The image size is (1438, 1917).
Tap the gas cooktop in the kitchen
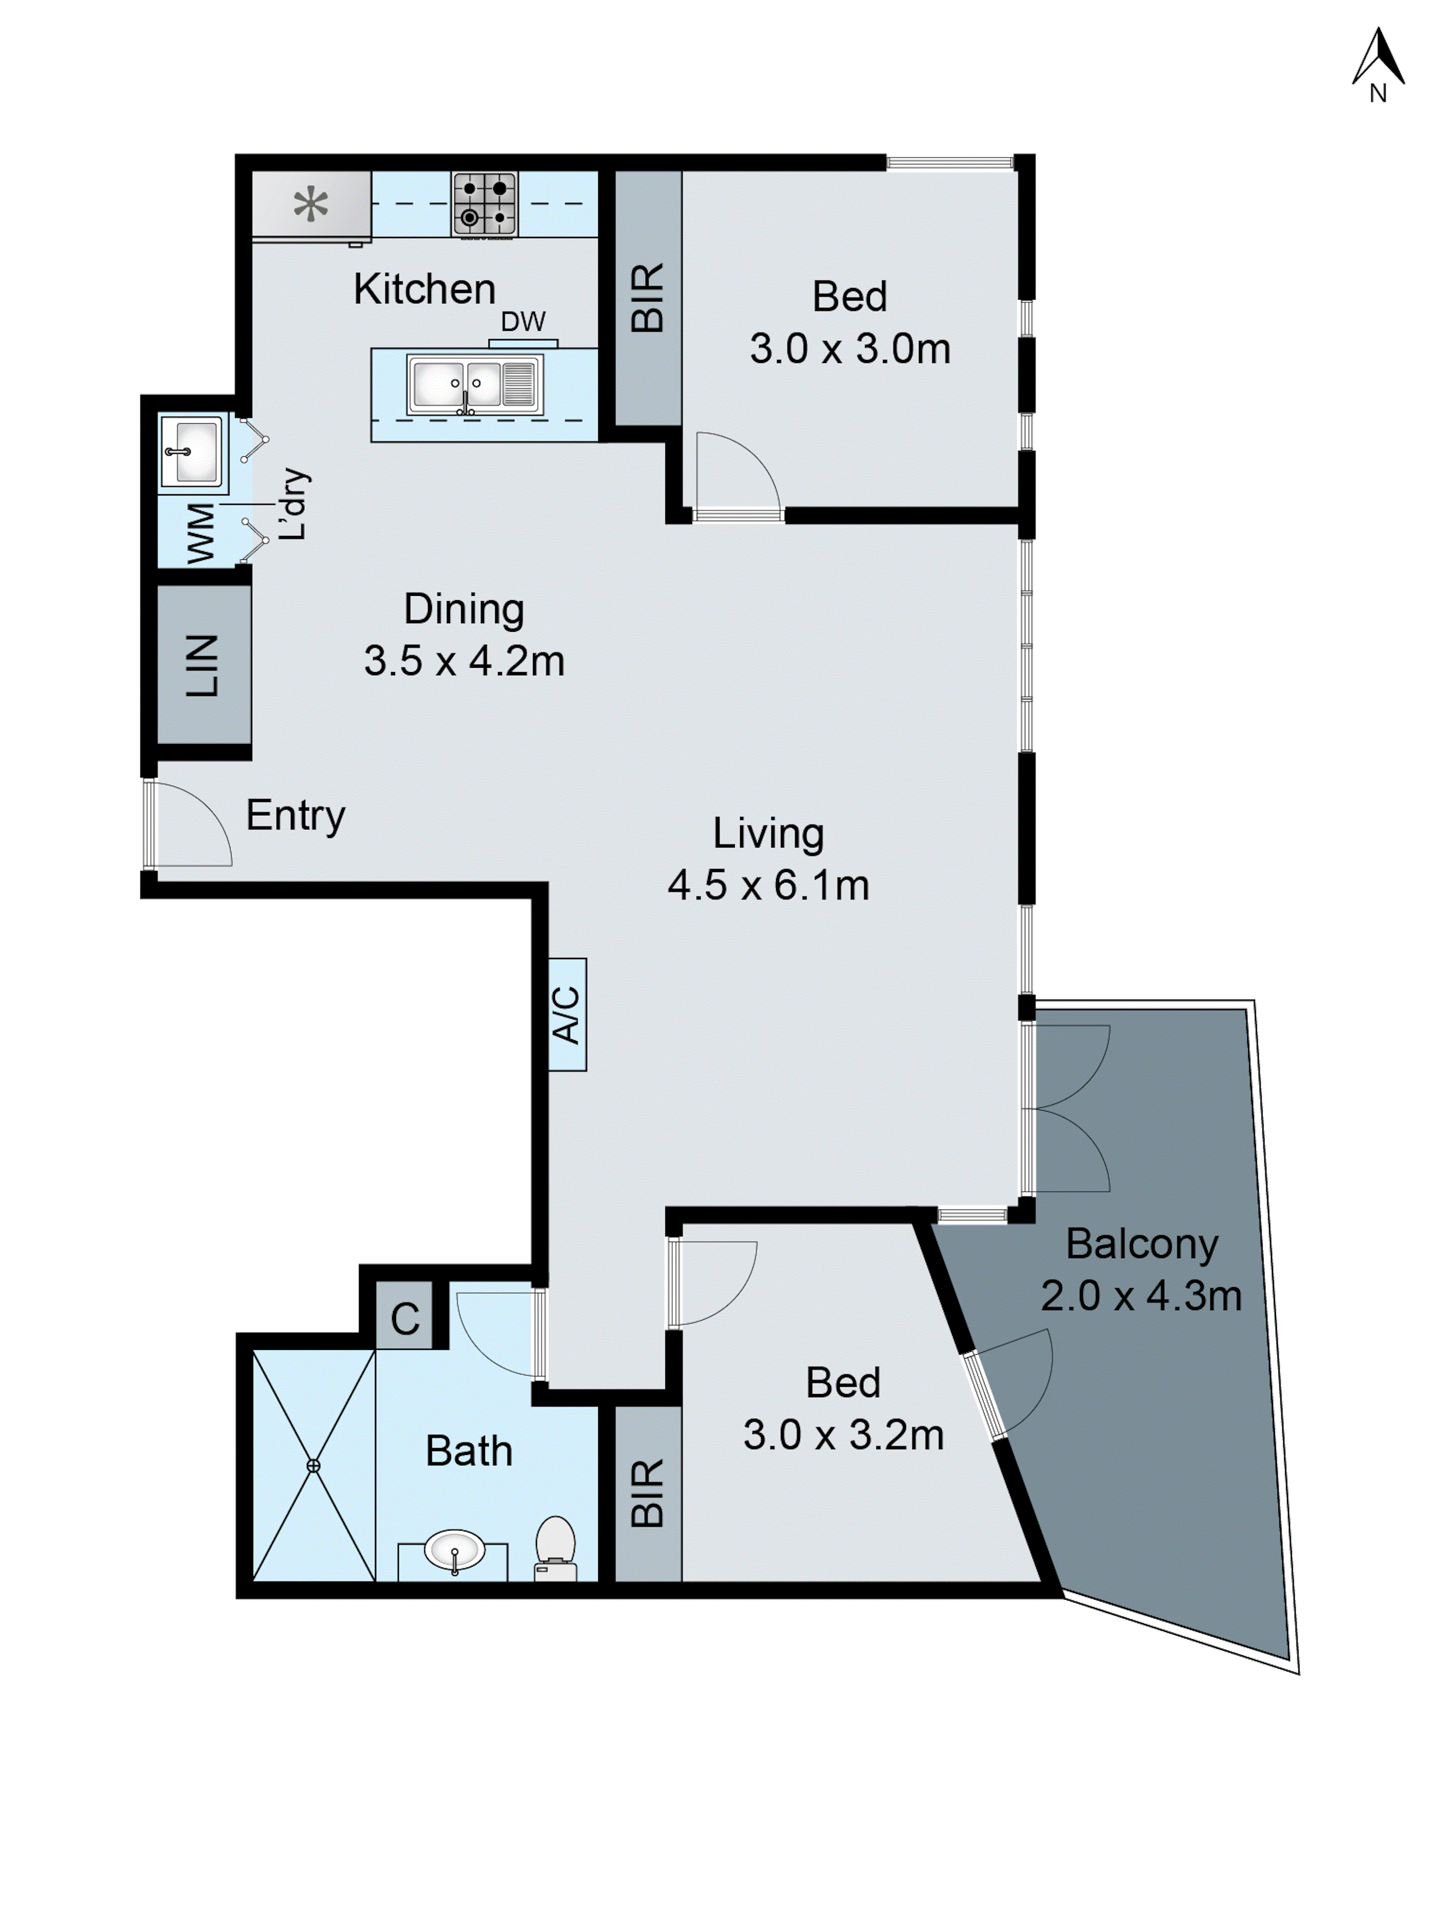(x=484, y=205)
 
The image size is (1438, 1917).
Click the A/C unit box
(x=567, y=1014)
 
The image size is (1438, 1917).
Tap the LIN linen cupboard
(x=203, y=665)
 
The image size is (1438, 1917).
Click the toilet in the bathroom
(x=555, y=1547)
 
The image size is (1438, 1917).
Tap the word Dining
(x=464, y=609)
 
